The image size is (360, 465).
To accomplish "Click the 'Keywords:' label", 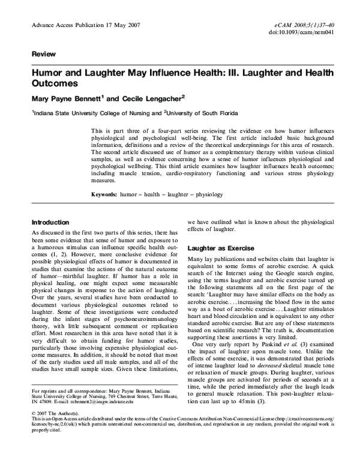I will (107, 196).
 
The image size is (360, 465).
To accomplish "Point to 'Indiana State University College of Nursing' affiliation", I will (88, 112).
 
